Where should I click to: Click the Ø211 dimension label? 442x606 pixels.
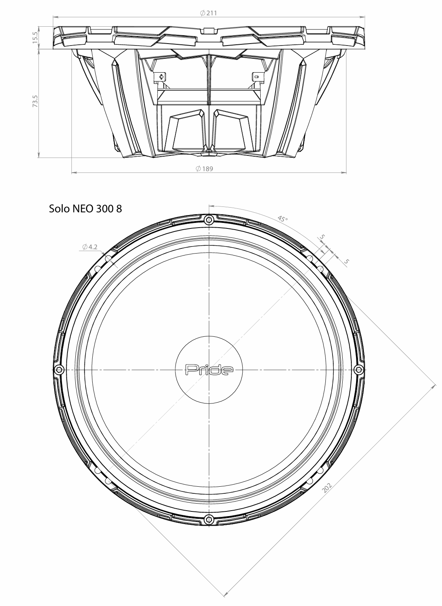pos(208,13)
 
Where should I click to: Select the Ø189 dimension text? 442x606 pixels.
pos(205,169)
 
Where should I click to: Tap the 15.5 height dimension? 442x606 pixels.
pos(35,37)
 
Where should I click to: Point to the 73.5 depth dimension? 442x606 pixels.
pos(35,101)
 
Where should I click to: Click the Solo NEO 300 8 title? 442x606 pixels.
pos(86,208)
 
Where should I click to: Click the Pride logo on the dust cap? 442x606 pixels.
pos(209,370)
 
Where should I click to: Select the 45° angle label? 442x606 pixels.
pos(282,219)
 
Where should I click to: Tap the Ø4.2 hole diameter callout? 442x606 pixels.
pos(90,247)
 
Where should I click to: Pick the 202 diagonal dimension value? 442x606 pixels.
pos(327,487)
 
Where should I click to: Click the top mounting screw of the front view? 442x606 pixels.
pos(209,219)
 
